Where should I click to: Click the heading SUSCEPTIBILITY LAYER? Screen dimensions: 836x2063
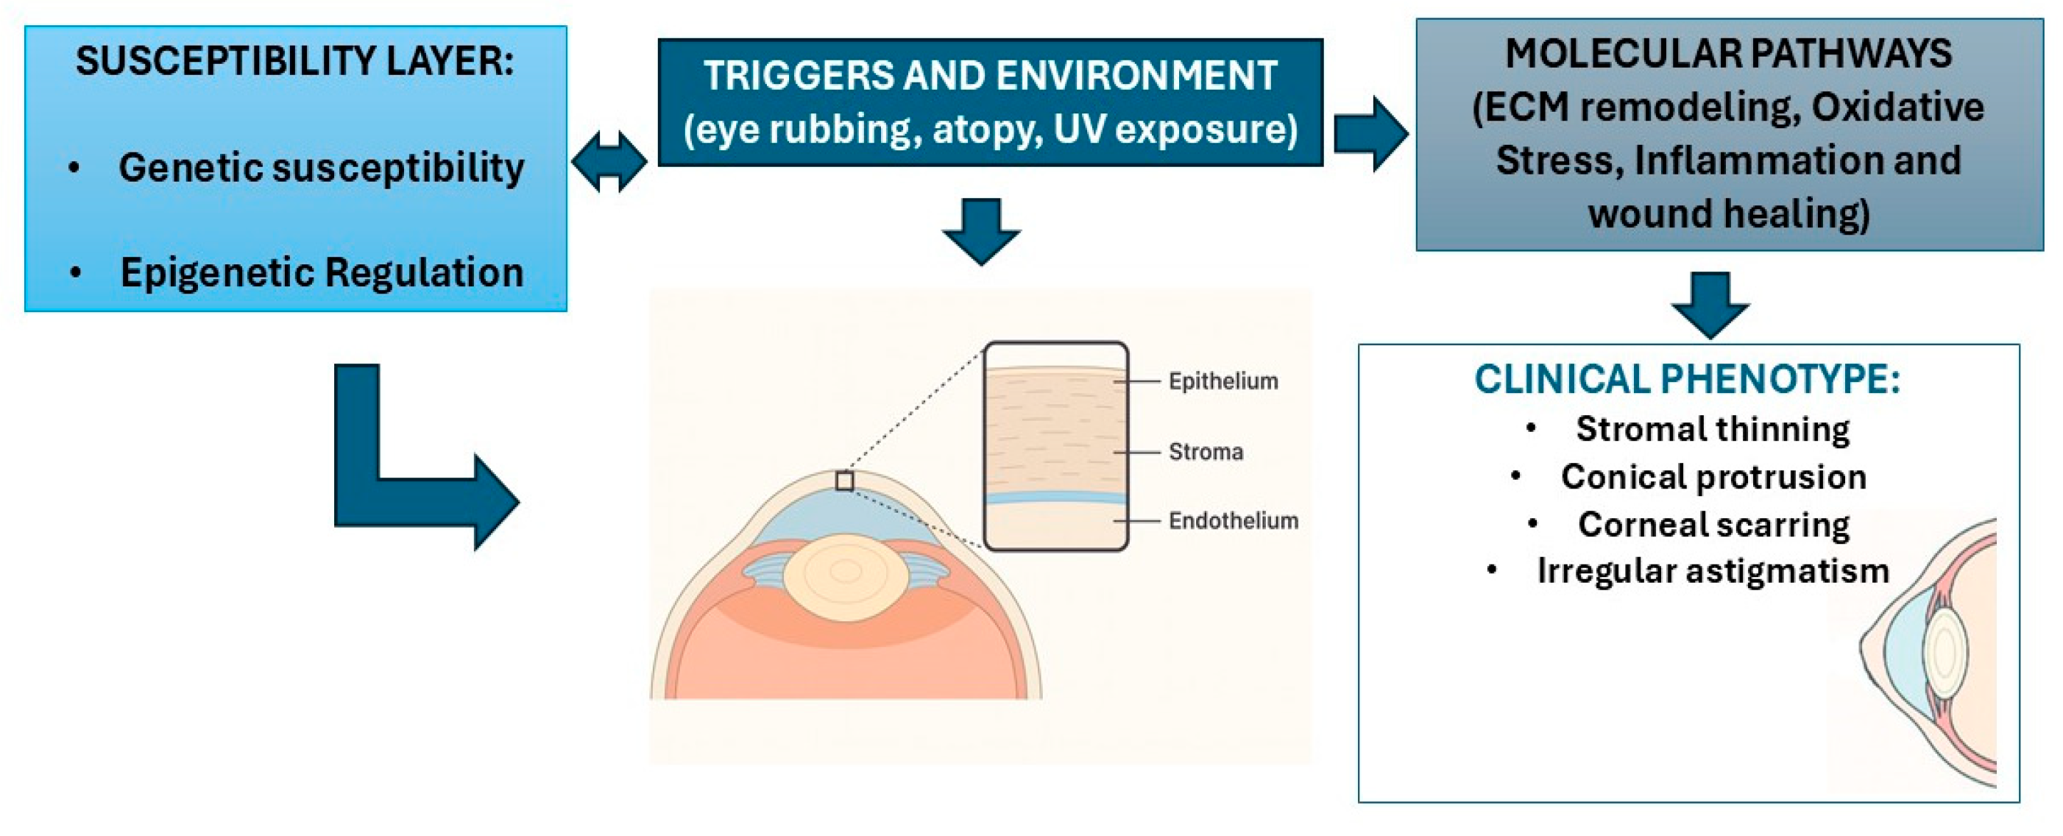click(x=294, y=61)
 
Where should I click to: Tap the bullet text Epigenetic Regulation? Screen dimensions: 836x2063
click(x=321, y=272)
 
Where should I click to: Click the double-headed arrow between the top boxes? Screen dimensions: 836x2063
click(x=609, y=162)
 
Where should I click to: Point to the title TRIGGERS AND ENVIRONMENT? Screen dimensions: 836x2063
click(x=990, y=76)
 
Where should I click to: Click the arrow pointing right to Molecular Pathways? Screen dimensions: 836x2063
click(x=1370, y=134)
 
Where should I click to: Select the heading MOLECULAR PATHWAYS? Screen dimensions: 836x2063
click(x=1728, y=54)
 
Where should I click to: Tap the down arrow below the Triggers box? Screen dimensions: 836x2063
click(x=981, y=230)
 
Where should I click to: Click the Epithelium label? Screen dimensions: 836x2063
click(x=1223, y=381)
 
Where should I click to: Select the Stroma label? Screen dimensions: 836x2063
click(x=1206, y=452)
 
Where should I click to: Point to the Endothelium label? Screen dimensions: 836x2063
click(x=1234, y=521)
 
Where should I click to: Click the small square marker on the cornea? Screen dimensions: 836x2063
click(x=844, y=481)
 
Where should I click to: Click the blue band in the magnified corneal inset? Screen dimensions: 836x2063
click(x=1055, y=498)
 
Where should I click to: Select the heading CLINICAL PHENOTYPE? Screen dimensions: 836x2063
click(x=1688, y=380)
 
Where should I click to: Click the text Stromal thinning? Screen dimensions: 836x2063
click(x=1712, y=429)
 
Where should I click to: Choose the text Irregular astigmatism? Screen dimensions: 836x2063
click(x=1712, y=572)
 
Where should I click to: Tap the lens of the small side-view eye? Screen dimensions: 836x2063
click(x=1945, y=651)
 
